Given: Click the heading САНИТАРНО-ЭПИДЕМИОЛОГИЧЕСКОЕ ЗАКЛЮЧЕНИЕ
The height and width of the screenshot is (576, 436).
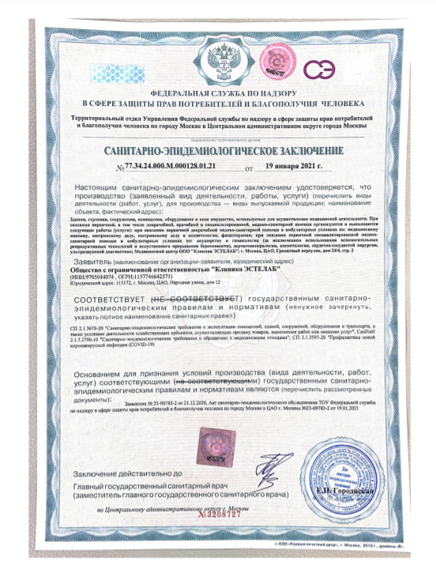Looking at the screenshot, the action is (224, 150).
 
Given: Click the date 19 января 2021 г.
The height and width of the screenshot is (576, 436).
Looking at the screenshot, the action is (295, 167).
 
